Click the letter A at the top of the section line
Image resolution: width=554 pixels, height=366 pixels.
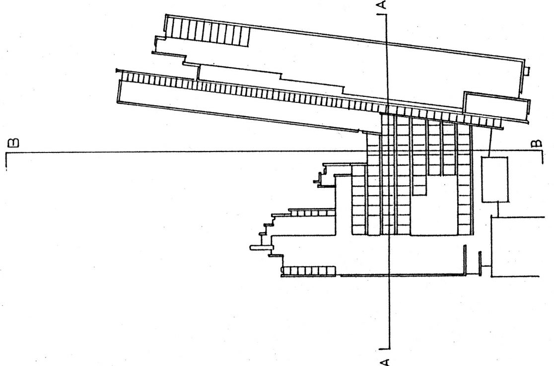pos(381,5)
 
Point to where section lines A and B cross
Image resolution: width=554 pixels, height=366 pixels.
pos(387,150)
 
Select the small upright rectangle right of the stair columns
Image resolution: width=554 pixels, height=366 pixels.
pos(494,179)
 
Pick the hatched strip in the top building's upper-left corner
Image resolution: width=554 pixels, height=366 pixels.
pos(207,32)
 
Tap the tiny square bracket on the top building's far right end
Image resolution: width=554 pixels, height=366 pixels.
pos(527,71)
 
